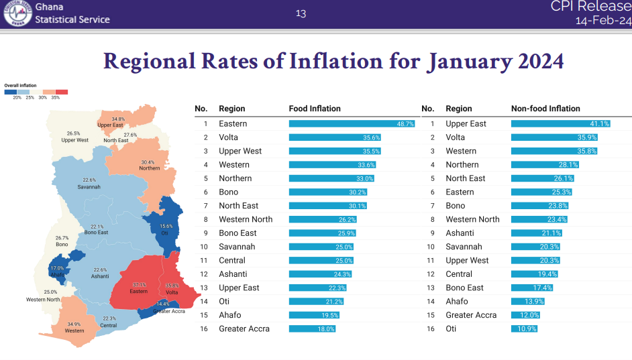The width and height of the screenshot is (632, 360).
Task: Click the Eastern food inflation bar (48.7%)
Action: tap(352, 124)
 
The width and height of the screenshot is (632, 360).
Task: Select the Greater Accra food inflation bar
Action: tap(312, 329)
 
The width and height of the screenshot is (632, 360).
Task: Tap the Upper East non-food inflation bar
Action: tap(560, 124)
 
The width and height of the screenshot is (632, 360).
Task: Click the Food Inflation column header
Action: tap(315, 109)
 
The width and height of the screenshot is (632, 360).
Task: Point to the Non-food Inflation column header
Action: tap(545, 109)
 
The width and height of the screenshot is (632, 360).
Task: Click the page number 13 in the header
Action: tap(301, 13)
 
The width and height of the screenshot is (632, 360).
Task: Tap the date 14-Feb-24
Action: tap(603, 21)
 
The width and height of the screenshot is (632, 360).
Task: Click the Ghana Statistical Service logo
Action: tap(17, 13)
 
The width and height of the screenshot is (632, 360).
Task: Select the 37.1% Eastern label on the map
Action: tap(139, 288)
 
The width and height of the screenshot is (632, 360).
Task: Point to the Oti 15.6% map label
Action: tap(164, 229)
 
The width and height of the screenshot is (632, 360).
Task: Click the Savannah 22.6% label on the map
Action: tap(89, 183)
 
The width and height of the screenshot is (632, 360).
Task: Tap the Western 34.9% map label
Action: tap(74, 327)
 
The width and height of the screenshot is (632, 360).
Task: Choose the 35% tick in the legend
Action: tap(55, 98)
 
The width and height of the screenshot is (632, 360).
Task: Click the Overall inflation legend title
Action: tap(20, 86)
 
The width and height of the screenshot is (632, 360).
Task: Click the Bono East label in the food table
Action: tap(238, 233)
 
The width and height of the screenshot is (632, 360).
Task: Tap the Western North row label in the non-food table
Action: tap(472, 219)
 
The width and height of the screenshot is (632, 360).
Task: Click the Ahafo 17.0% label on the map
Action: tap(57, 271)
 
